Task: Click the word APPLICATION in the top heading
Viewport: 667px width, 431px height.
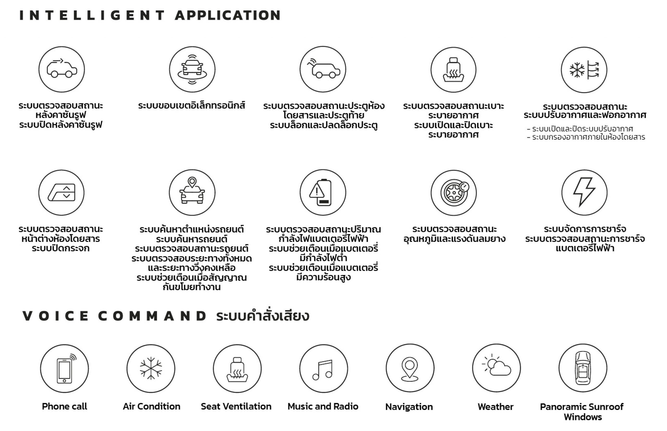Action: click(x=228, y=15)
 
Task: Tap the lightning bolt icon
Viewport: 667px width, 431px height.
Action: click(x=584, y=192)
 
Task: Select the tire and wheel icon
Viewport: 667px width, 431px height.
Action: click(x=453, y=192)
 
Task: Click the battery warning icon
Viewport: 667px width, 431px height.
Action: click(x=322, y=192)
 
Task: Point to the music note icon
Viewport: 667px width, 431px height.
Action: click(x=323, y=369)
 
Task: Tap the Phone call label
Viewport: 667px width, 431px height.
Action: click(x=64, y=406)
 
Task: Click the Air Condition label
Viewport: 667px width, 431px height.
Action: click(x=151, y=406)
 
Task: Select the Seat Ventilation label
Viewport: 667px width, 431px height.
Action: click(x=236, y=406)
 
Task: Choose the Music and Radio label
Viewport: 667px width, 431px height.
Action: click(x=323, y=406)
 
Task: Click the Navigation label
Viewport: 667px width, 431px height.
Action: click(x=409, y=407)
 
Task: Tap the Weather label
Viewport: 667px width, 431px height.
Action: click(x=495, y=407)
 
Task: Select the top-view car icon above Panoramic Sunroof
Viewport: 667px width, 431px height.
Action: click(x=583, y=368)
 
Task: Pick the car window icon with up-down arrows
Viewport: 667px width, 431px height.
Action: click(x=61, y=192)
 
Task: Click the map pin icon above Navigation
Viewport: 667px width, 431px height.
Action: click(x=410, y=368)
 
